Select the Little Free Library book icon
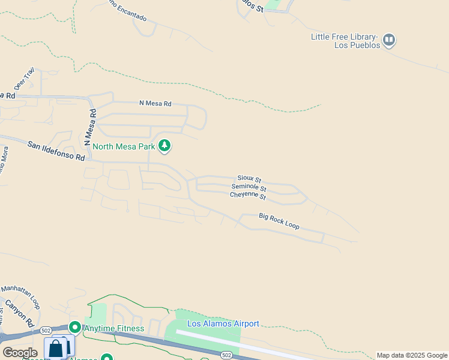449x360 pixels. [390, 40]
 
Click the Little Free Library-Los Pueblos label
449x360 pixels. [345, 41]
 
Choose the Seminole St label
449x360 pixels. [249, 188]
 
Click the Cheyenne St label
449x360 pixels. [249, 196]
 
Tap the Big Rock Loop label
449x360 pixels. [279, 221]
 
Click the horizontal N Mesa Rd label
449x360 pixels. [155, 103]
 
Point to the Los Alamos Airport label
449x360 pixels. [223, 324]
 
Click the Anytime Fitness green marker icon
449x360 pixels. [75, 328]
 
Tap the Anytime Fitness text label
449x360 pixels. [114, 328]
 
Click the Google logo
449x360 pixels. [20, 353]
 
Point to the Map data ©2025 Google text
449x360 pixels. [412, 355]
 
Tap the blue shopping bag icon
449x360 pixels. [56, 349]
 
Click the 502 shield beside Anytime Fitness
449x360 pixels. [46, 331]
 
